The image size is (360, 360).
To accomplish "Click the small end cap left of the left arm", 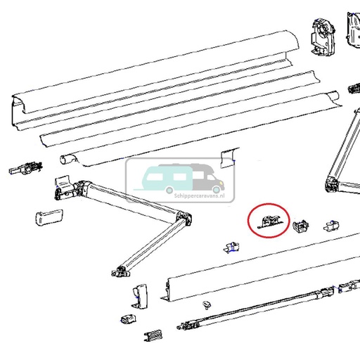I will coord(49,217).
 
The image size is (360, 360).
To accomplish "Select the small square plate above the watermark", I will coord(227,156).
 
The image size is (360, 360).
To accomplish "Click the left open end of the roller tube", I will coord(67,160).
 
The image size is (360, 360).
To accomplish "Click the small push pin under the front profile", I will coord(207,305).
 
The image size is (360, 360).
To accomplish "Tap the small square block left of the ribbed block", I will coord(128,319).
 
